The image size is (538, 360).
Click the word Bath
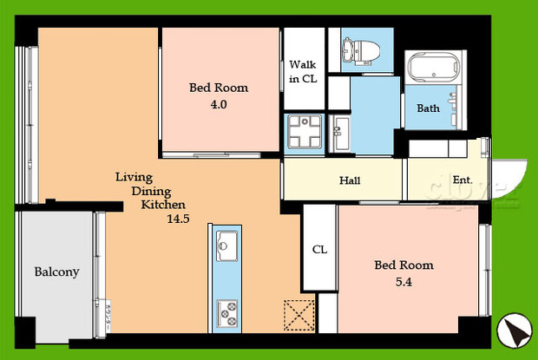click(x=428, y=108)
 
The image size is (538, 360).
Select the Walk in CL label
click(x=303, y=72)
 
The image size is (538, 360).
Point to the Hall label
click(x=350, y=181)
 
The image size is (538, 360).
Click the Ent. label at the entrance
click(x=462, y=180)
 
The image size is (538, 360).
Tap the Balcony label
click(x=56, y=272)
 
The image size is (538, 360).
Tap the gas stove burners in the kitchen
click(x=227, y=310)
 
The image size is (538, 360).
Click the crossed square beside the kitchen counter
click(x=299, y=314)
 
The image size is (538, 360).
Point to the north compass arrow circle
click(x=513, y=329)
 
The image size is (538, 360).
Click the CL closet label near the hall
click(x=319, y=250)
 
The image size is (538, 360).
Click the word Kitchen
click(x=163, y=205)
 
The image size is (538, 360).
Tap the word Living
click(x=134, y=177)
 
